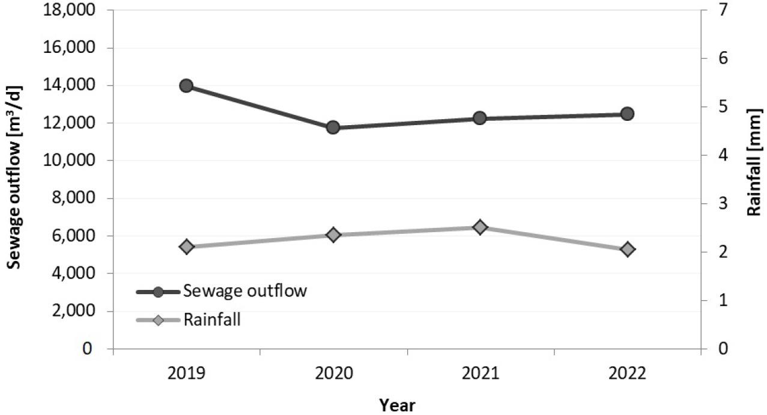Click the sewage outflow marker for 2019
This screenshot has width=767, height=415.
[x=186, y=85]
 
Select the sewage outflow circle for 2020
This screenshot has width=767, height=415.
[x=333, y=127]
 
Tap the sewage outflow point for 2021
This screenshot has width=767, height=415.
[x=480, y=118]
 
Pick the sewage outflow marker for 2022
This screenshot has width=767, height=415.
[x=627, y=114]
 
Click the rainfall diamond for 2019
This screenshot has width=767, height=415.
[x=186, y=247]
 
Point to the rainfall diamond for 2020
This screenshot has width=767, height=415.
[x=333, y=235]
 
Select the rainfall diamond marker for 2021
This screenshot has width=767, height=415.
[x=480, y=227]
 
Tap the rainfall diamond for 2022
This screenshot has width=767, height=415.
[x=627, y=249]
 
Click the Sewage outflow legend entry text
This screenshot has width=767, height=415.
[x=245, y=291]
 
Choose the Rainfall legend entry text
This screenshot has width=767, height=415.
[x=212, y=319]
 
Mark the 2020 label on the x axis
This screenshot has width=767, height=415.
[x=333, y=374]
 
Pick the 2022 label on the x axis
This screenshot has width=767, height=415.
[x=627, y=374]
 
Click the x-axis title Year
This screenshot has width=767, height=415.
[x=397, y=405]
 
